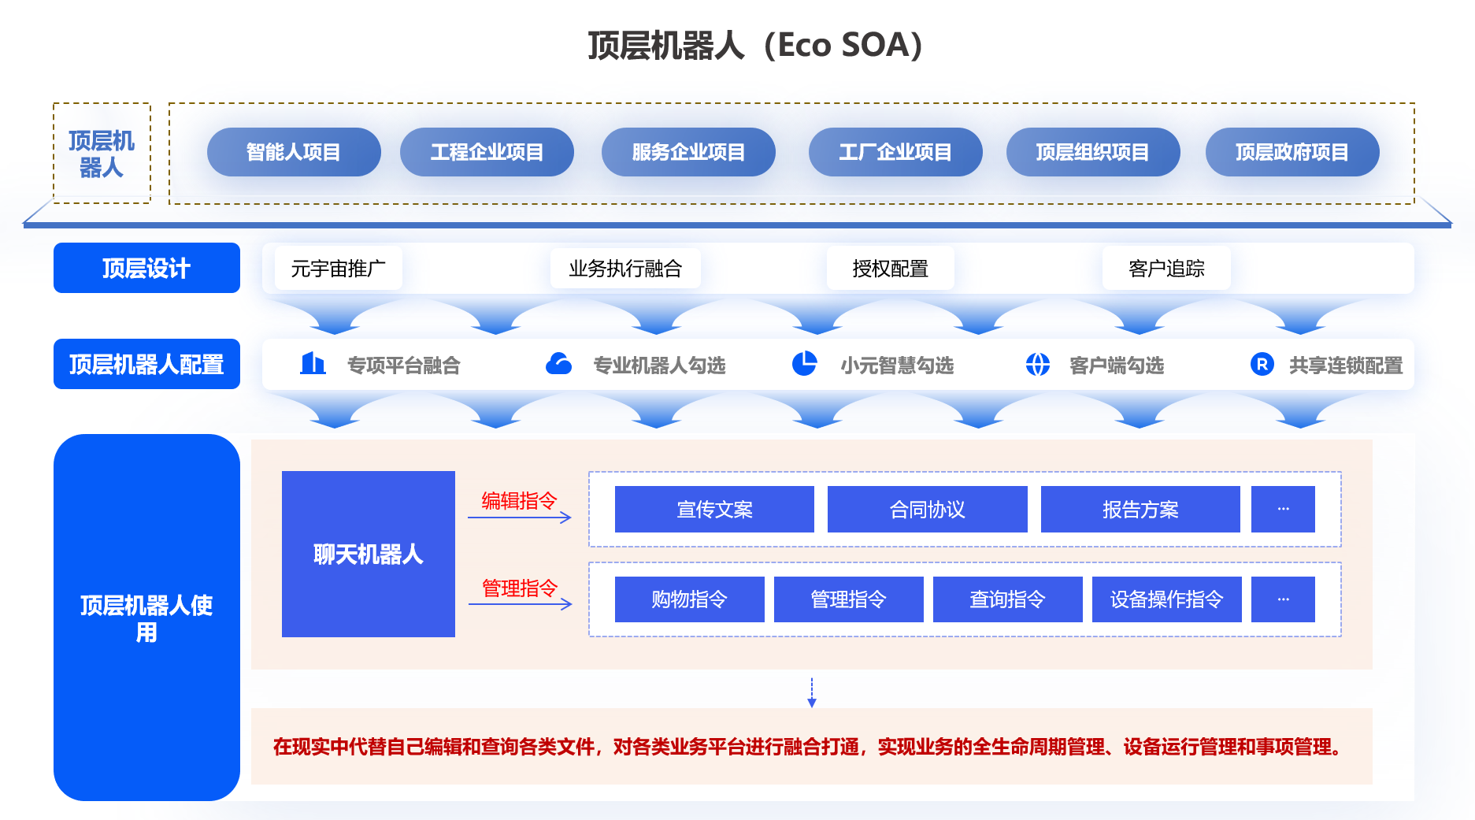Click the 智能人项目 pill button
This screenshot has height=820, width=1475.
click(x=294, y=152)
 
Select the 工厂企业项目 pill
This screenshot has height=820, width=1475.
click(x=895, y=152)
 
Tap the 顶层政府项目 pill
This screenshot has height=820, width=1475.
click(x=1292, y=152)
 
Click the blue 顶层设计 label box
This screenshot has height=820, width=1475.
click(x=146, y=268)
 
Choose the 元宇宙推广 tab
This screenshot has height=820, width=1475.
click(x=339, y=268)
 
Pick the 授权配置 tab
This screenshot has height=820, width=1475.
click(x=891, y=268)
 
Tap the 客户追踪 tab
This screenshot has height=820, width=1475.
click(x=1166, y=268)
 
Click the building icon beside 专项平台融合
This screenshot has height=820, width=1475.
click(x=313, y=363)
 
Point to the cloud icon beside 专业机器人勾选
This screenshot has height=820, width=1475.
click(x=558, y=363)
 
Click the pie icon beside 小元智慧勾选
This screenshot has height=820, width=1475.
click(x=804, y=363)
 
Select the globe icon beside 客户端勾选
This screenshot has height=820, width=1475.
click(x=1038, y=364)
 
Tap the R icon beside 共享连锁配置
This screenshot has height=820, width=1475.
click(x=1262, y=364)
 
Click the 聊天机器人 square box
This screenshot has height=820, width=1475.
click(x=369, y=554)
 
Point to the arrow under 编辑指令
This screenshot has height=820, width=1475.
click(x=520, y=518)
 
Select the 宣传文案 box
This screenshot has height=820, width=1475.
click(x=714, y=509)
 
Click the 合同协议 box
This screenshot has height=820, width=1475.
click(x=928, y=509)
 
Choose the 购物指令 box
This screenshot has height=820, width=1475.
click(x=690, y=599)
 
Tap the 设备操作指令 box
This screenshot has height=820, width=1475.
click(x=1167, y=599)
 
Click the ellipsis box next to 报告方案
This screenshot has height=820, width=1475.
click(x=1284, y=509)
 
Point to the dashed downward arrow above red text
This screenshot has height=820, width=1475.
click(x=812, y=692)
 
